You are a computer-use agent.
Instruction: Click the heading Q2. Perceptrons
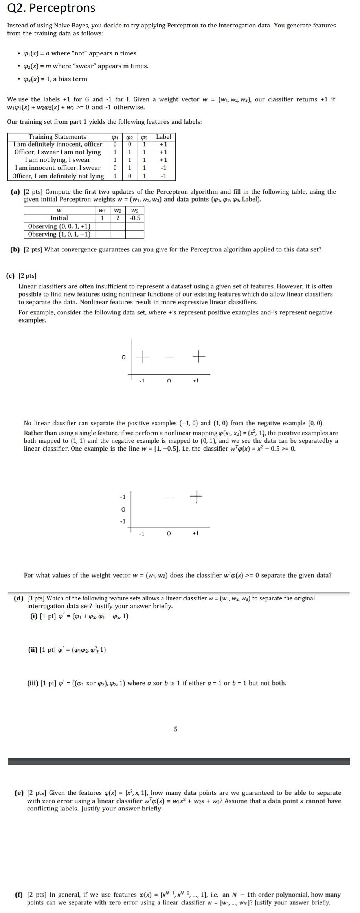(x=51, y=8)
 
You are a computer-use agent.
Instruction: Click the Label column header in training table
(x=163, y=137)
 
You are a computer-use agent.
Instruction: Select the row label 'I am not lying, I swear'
(x=57, y=160)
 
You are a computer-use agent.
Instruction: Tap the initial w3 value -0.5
(x=135, y=218)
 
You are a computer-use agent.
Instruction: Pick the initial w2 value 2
(x=118, y=218)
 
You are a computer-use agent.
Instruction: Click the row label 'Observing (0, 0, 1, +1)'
(x=59, y=226)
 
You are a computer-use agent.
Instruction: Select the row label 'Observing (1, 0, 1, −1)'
(x=59, y=234)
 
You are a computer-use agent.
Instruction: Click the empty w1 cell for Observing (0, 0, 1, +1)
(x=103, y=226)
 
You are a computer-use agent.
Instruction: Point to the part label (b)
(x=15, y=249)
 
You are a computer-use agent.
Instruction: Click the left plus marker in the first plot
(x=142, y=357)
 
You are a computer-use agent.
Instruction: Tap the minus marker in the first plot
(x=169, y=357)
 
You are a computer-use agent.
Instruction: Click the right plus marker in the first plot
(x=199, y=357)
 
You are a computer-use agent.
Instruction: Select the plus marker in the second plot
(x=196, y=497)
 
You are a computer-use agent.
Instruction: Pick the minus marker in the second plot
(x=169, y=497)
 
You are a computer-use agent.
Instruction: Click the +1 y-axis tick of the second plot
(x=122, y=497)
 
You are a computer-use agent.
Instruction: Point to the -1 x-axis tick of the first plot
(x=141, y=381)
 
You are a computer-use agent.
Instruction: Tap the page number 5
(x=175, y=729)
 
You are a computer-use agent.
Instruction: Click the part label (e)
(x=19, y=793)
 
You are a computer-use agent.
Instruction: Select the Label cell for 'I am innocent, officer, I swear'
(x=163, y=168)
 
